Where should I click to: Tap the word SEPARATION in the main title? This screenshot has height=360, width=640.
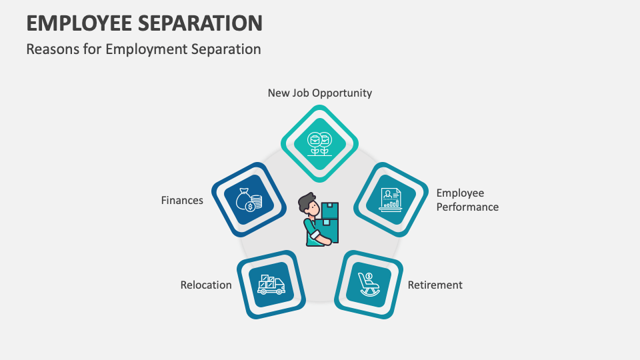tap(201, 23)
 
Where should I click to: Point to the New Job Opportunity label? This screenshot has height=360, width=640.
tap(319, 93)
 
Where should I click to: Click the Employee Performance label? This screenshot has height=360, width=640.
tap(467, 200)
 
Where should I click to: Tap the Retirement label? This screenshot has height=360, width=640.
tap(435, 285)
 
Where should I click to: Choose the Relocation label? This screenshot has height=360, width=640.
tap(206, 285)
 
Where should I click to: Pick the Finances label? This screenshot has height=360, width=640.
tap(182, 200)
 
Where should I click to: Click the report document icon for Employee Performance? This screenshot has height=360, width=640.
tap(390, 199)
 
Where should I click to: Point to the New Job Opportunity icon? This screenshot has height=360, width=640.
tap(319, 143)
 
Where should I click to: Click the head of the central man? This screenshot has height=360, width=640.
tap(307, 202)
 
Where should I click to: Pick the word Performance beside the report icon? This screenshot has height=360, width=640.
tap(467, 207)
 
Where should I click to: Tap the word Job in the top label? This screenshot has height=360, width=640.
tap(301, 93)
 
